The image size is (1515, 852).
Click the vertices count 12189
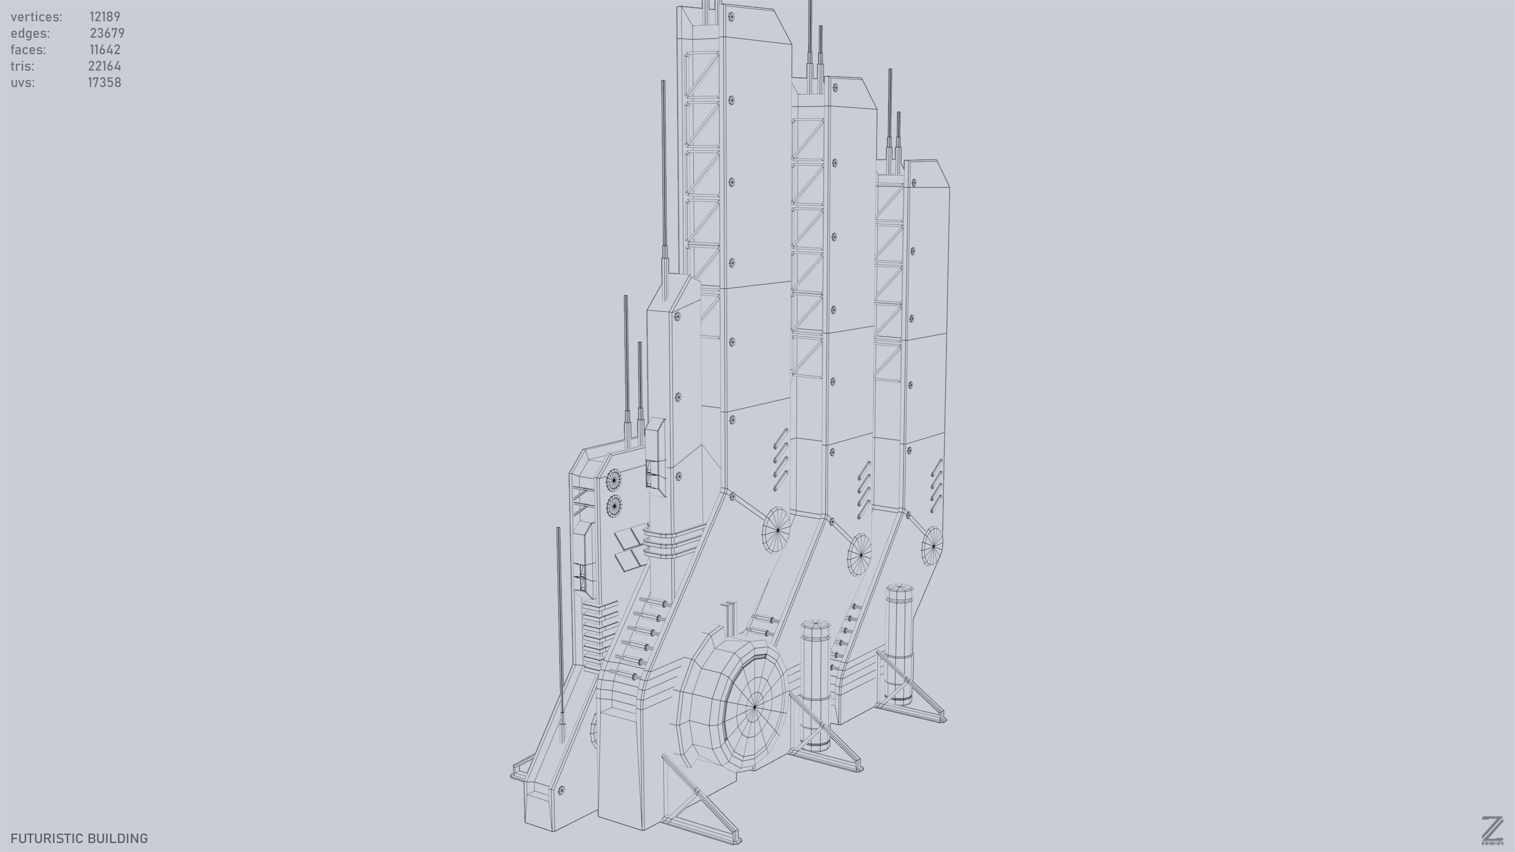pyautogui.click(x=105, y=16)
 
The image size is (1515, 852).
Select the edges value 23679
pyautogui.click(x=107, y=33)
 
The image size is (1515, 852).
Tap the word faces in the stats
pyautogui.click(x=28, y=49)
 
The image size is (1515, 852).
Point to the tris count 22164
pyautogui.click(x=105, y=66)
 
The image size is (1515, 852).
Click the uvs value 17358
pyautogui.click(x=105, y=83)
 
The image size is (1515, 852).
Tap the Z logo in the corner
pyautogui.click(x=1491, y=830)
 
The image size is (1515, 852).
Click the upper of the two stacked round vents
pyautogui.click(x=614, y=480)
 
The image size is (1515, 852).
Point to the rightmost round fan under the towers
pyautogui.click(x=932, y=546)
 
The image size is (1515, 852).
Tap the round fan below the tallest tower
pyautogui.click(x=777, y=530)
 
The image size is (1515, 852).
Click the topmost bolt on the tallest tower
pyautogui.click(x=731, y=16)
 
